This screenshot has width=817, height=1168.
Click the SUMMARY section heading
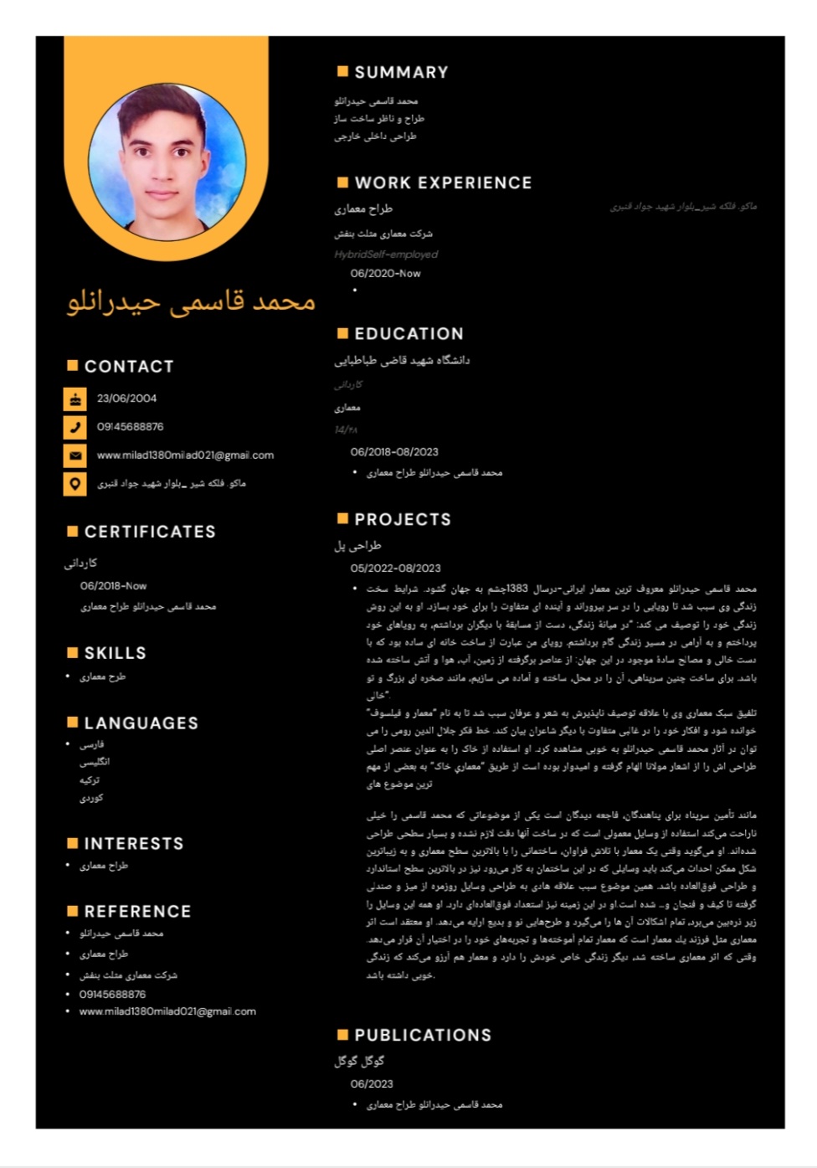click(401, 73)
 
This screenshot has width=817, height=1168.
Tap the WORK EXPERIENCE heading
click(443, 183)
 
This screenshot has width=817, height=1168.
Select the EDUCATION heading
click(408, 334)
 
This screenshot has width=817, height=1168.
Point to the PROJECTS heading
click(403, 520)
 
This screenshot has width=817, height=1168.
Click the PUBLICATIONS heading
click(423, 1036)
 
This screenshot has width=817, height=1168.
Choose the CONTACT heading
click(129, 367)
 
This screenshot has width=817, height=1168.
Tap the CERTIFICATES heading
click(150, 532)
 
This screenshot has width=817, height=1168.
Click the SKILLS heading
click(116, 653)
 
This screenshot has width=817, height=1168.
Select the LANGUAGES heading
click(141, 723)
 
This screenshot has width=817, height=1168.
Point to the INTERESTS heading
click(134, 844)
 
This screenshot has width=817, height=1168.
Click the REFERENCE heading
click(137, 912)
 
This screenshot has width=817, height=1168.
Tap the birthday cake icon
click(75, 399)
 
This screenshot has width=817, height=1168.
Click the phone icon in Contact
click(75, 428)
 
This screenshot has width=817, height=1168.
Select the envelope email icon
click(75, 456)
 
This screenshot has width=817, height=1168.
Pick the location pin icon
click(75, 484)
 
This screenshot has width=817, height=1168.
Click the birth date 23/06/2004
click(126, 399)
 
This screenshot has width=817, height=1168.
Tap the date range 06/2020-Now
click(385, 274)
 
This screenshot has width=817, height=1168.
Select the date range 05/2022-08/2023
click(395, 569)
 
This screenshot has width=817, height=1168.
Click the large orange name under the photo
click(191, 301)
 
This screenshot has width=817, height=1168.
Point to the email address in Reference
click(167, 1011)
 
